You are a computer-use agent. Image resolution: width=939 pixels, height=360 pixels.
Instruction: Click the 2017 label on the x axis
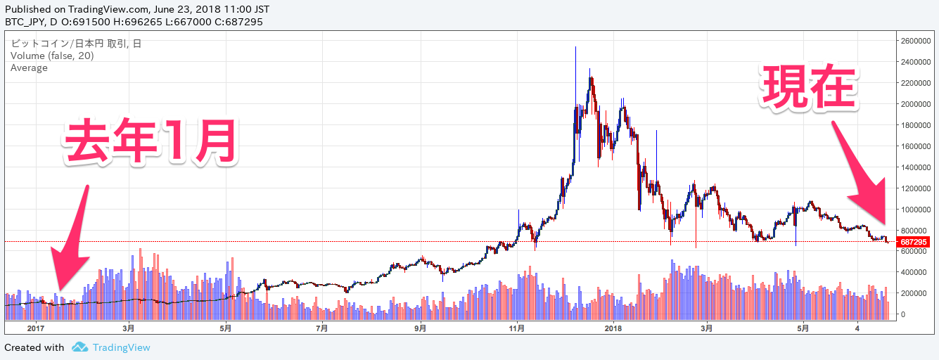click(x=36, y=328)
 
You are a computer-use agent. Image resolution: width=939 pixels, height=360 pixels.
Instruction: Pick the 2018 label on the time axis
click(x=614, y=328)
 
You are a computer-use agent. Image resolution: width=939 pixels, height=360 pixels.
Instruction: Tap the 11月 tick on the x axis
click(x=517, y=328)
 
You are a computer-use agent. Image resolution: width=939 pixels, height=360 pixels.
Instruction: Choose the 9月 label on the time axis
click(x=421, y=328)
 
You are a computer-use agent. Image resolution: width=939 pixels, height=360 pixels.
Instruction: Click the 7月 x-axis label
click(x=321, y=328)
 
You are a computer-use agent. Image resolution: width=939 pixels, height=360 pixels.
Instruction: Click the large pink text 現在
click(x=810, y=88)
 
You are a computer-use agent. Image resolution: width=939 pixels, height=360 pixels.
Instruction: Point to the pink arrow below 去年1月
click(x=72, y=239)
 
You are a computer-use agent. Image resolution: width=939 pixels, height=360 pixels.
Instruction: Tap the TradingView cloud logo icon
click(x=80, y=347)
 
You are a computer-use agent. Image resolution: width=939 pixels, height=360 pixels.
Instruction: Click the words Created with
click(x=34, y=347)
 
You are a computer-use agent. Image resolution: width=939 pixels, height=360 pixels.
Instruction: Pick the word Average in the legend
click(x=29, y=67)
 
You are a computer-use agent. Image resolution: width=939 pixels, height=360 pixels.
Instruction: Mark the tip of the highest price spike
click(x=575, y=47)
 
